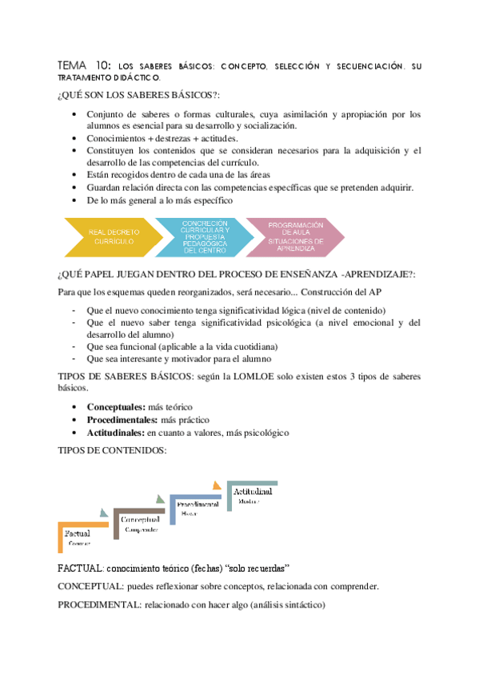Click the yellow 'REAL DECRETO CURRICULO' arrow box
click(112, 236)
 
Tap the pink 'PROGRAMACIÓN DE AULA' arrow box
click(295, 236)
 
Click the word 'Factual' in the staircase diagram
click(77, 533)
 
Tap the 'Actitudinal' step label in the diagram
click(253, 492)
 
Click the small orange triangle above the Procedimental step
click(216, 484)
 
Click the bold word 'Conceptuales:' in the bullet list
click(111, 406)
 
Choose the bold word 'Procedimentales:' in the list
click(119, 419)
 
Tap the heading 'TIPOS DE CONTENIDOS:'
click(112, 451)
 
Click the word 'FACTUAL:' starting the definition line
click(82, 568)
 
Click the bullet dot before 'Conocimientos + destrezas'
click(75, 138)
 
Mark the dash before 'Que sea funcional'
click(74, 347)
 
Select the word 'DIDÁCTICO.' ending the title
click(131, 78)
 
